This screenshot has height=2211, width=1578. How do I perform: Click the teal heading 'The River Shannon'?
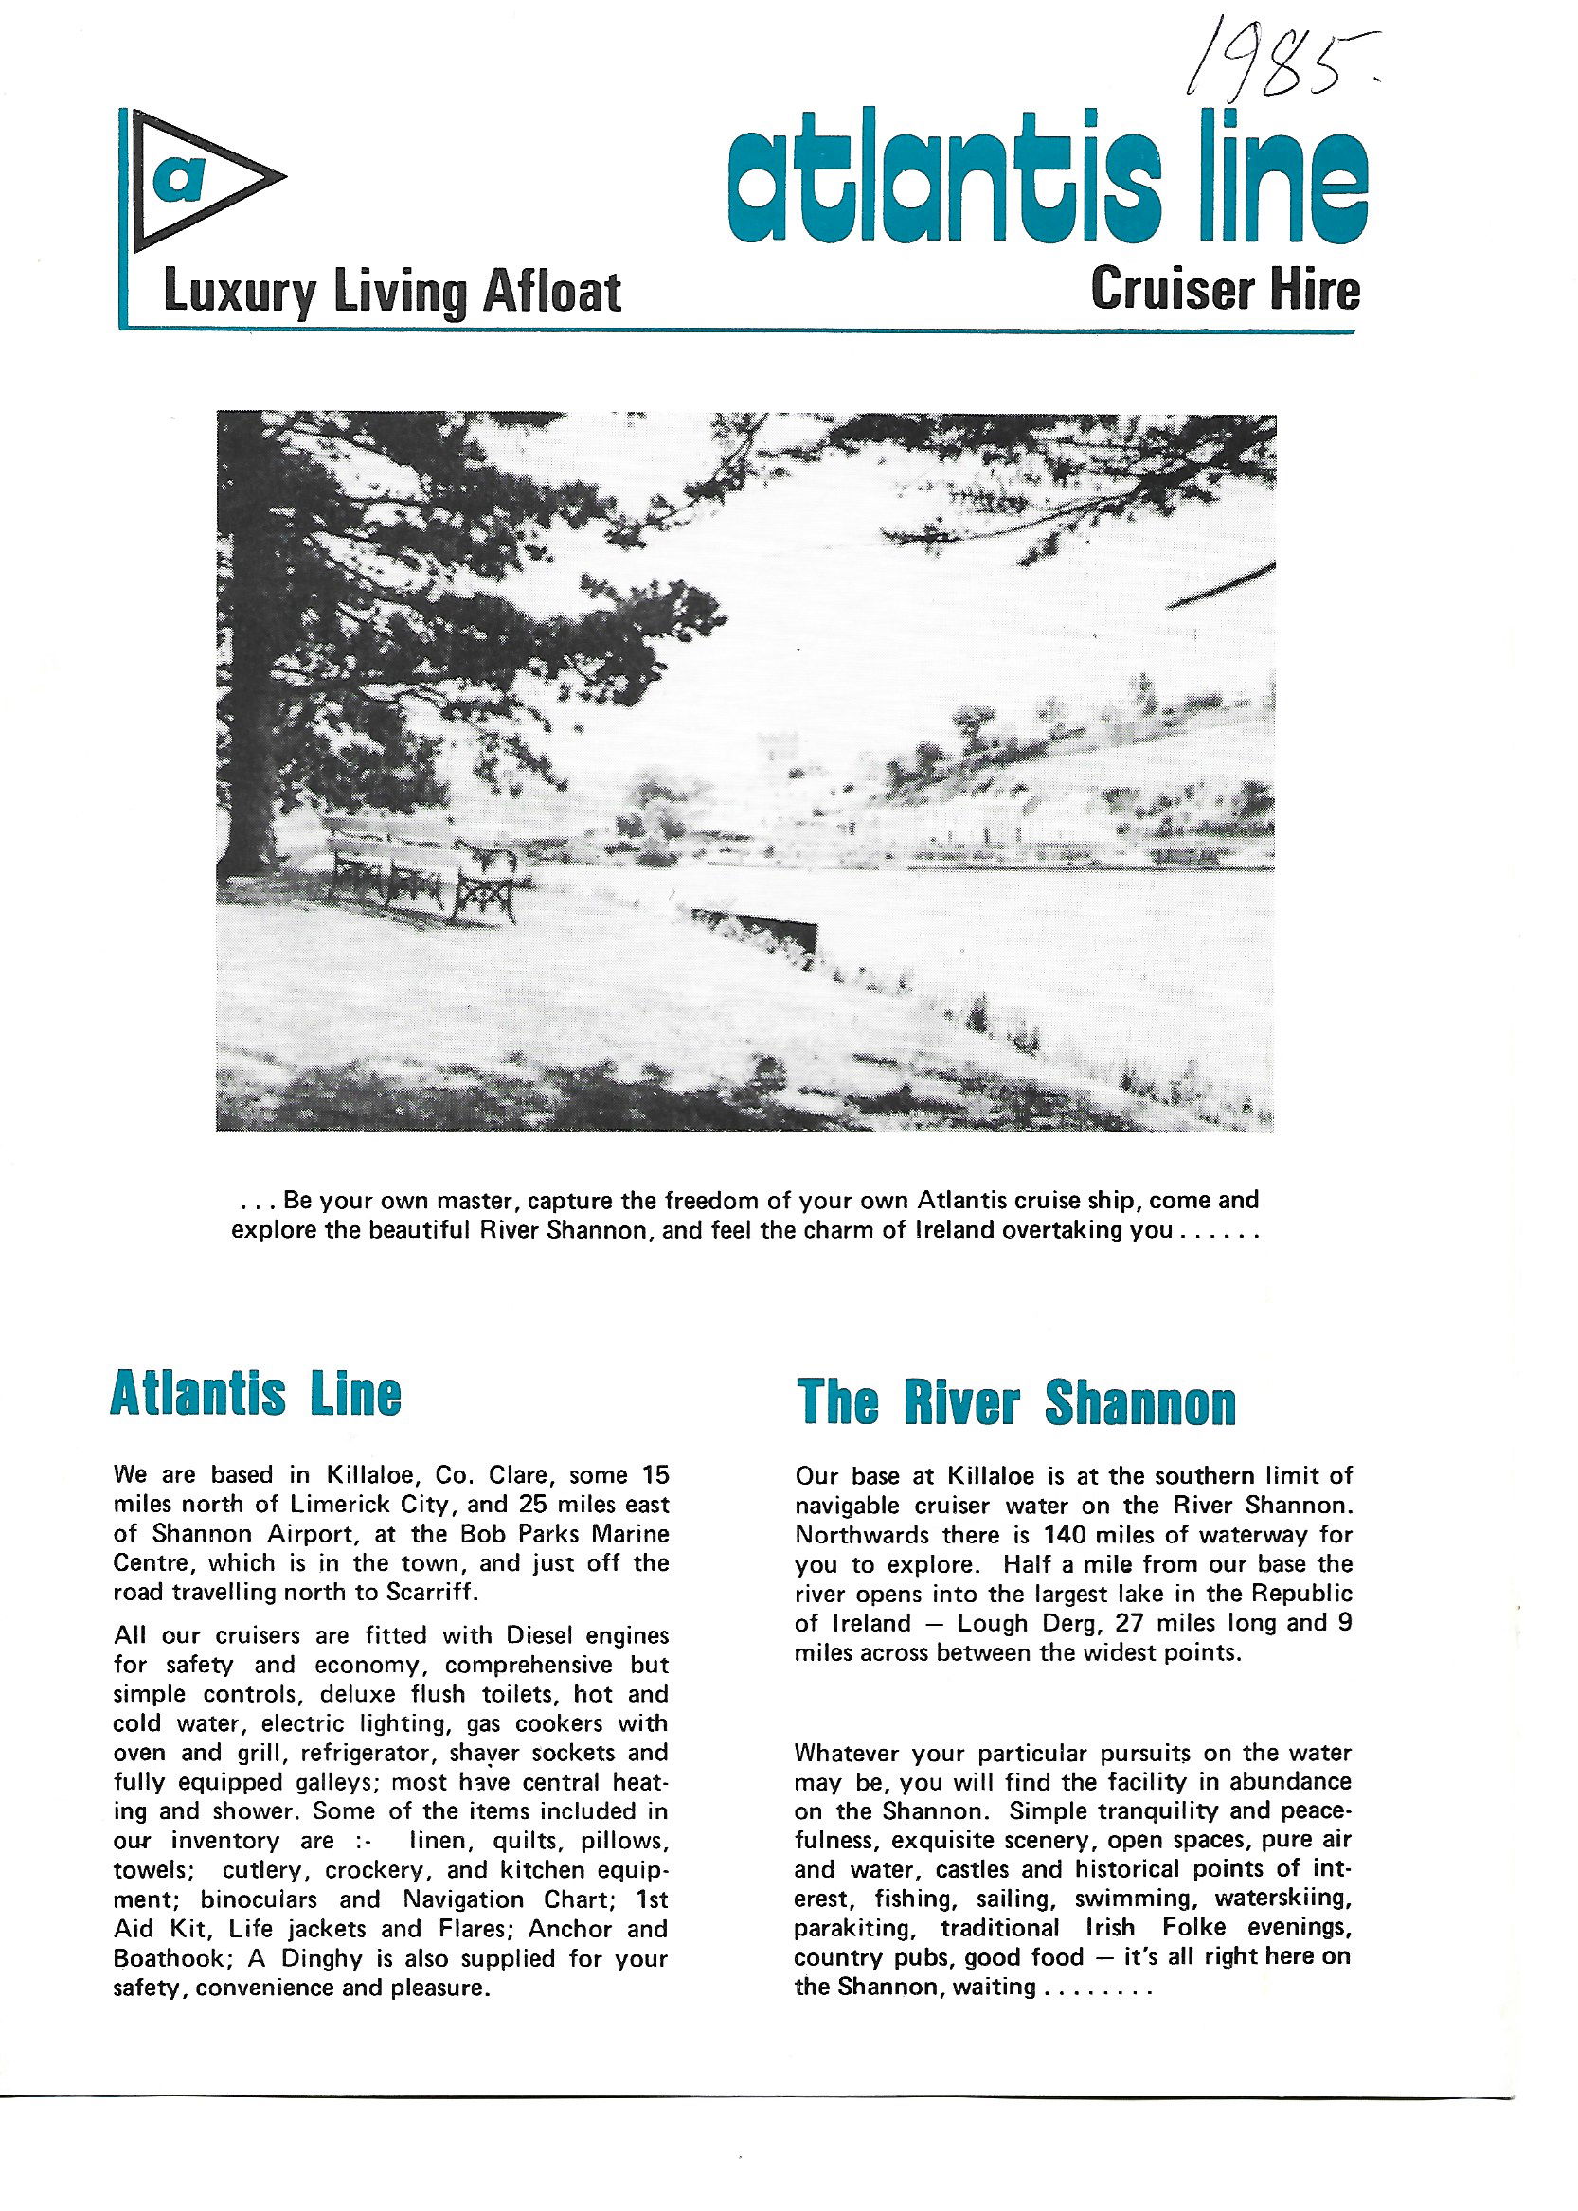click(x=1015, y=1403)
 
